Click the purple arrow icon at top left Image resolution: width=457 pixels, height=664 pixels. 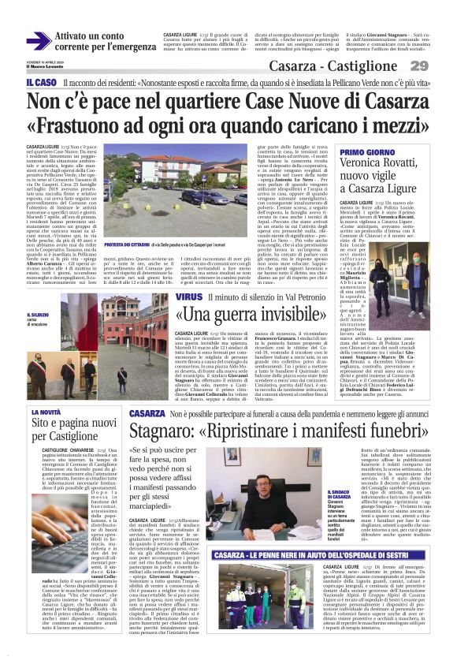[x=39, y=41]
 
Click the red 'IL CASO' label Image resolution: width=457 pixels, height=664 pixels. [x=40, y=82]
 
